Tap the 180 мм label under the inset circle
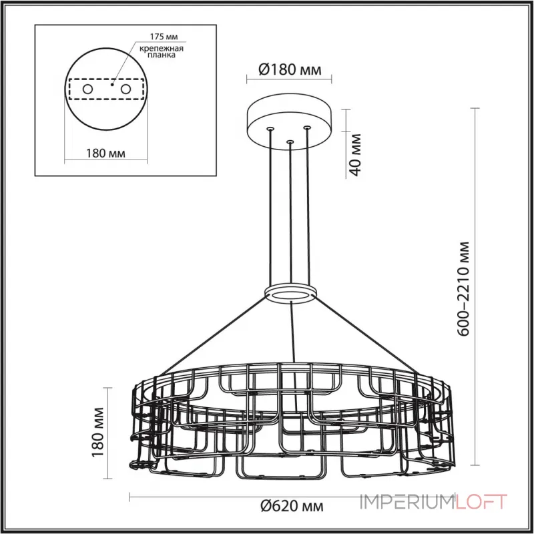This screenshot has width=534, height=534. tap(107, 154)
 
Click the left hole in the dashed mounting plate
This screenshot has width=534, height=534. tap(87, 89)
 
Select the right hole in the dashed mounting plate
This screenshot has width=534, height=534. tap(125, 89)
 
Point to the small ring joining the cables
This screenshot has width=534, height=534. tap(290, 294)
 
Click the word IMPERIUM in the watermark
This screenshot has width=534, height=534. tap(407, 501)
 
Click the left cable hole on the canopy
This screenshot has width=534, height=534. tap(270, 128)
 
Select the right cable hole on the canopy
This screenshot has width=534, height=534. tap(307, 127)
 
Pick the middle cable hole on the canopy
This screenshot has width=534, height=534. tap(290, 142)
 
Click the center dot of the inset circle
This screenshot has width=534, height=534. tap(113, 85)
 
